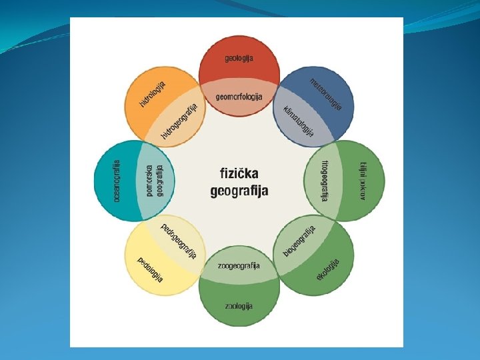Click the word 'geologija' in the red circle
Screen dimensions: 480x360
[x=239, y=59]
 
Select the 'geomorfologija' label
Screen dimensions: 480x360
[x=239, y=97]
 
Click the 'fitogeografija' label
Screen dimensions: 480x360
[x=325, y=180]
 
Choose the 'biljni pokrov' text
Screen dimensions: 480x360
[x=363, y=180]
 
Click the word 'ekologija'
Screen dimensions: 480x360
[x=328, y=269]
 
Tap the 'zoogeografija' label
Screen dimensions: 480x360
[x=239, y=265]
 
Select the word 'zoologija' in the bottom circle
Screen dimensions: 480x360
[x=239, y=306]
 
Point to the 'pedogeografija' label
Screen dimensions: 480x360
[x=179, y=241]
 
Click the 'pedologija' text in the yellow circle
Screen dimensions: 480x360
[x=150, y=269]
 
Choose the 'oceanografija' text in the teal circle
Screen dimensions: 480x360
[x=117, y=180]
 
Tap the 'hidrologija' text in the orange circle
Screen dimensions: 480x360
[x=152, y=94]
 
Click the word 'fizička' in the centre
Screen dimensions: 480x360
[x=239, y=173]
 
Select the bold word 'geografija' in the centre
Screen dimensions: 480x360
[x=239, y=191]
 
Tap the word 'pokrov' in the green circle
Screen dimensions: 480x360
[x=363, y=190]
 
